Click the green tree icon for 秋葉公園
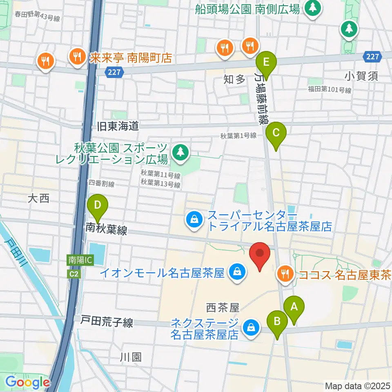[x=179, y=152]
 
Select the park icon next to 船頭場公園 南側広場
[x=312, y=8]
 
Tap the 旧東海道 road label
[x=117, y=126]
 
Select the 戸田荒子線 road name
[x=107, y=323]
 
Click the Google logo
[x=27, y=383]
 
